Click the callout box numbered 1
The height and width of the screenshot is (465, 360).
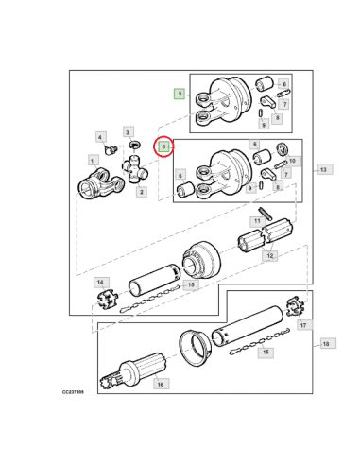coord(92,161)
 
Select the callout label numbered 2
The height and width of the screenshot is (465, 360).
coord(142,192)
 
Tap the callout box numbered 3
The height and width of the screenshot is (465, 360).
coord(128,132)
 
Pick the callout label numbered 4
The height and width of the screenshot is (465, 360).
coord(100,137)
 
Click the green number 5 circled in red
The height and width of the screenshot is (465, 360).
coord(163,146)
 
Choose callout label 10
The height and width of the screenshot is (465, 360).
coord(292,161)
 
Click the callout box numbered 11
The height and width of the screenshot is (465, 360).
coord(257,221)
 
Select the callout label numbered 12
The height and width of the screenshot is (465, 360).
coord(270,256)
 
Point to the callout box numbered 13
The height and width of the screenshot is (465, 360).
coord(323,170)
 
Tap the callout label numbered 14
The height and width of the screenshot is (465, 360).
coord(100,283)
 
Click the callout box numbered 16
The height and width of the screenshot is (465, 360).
coord(161,384)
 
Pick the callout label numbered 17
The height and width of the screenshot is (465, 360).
coord(303,325)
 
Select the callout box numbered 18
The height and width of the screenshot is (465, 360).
coord(326,343)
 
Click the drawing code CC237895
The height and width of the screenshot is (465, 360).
coord(73,392)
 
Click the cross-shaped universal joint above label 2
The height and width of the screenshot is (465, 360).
coord(135,169)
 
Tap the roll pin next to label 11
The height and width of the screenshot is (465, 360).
coord(266,213)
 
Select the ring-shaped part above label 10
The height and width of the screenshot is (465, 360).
coord(282,148)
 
